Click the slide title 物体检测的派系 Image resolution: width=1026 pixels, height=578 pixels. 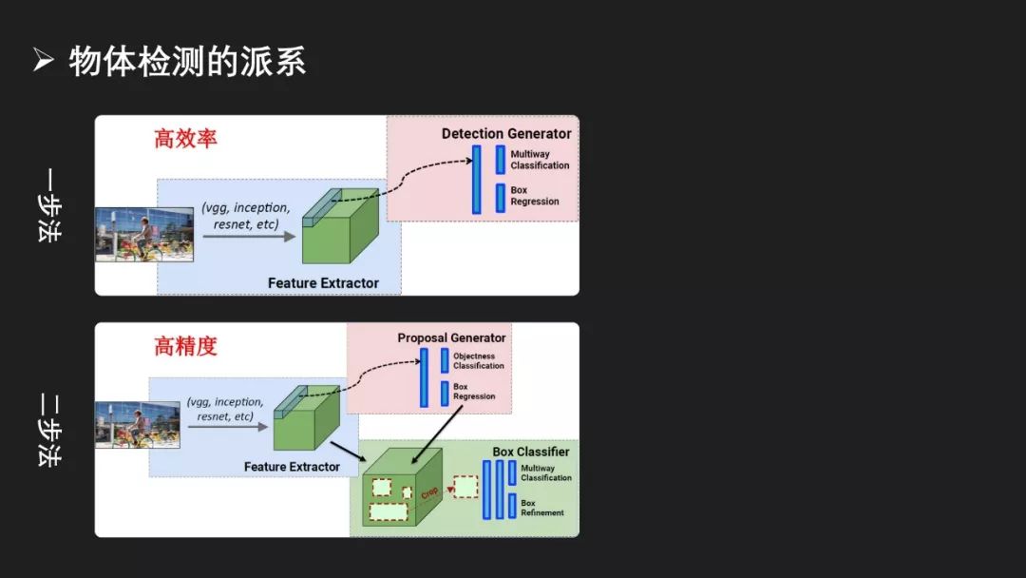point(187,62)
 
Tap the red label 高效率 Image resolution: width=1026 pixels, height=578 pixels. point(185,139)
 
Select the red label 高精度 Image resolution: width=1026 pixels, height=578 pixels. point(185,346)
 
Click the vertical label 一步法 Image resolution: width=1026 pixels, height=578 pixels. point(49,205)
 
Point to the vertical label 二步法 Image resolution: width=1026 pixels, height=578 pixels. point(49,430)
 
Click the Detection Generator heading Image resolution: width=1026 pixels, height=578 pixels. point(506,133)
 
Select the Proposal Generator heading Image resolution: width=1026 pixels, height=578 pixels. point(451,337)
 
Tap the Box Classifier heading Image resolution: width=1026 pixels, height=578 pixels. point(531,452)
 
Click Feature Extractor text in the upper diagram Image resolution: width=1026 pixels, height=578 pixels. point(323,282)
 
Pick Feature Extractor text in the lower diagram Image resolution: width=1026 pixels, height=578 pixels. point(292,467)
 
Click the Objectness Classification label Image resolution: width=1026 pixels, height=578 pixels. point(478,360)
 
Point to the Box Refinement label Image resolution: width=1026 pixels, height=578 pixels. point(541,508)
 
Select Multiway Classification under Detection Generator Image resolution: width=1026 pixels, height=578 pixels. point(540,160)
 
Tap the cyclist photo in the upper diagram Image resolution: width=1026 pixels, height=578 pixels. point(144,235)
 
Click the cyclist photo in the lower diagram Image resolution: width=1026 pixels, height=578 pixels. point(138,425)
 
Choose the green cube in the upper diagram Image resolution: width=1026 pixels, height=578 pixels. point(340,226)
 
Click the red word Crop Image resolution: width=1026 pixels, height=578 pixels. point(430,492)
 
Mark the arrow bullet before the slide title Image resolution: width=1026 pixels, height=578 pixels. point(43,60)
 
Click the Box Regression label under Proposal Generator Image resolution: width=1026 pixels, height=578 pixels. point(474,392)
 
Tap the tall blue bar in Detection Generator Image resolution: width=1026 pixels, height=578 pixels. point(476,180)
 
